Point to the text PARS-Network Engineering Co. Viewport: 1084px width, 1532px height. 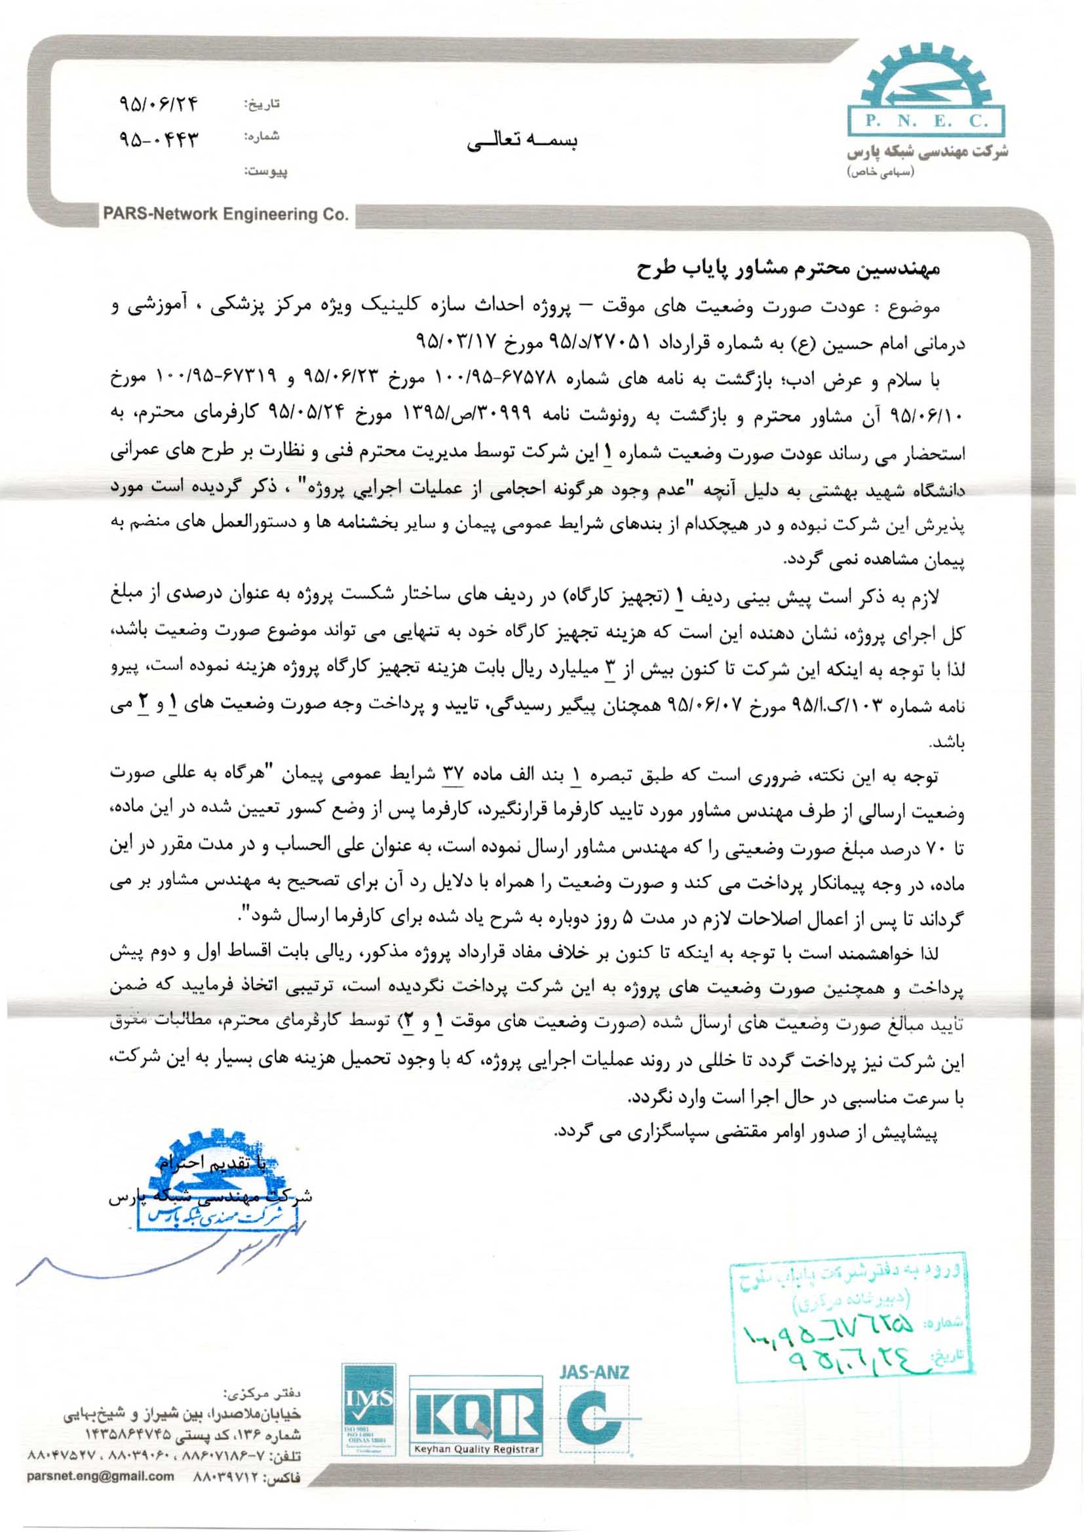coord(225,215)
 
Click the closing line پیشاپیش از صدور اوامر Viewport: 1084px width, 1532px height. coord(748,1132)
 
